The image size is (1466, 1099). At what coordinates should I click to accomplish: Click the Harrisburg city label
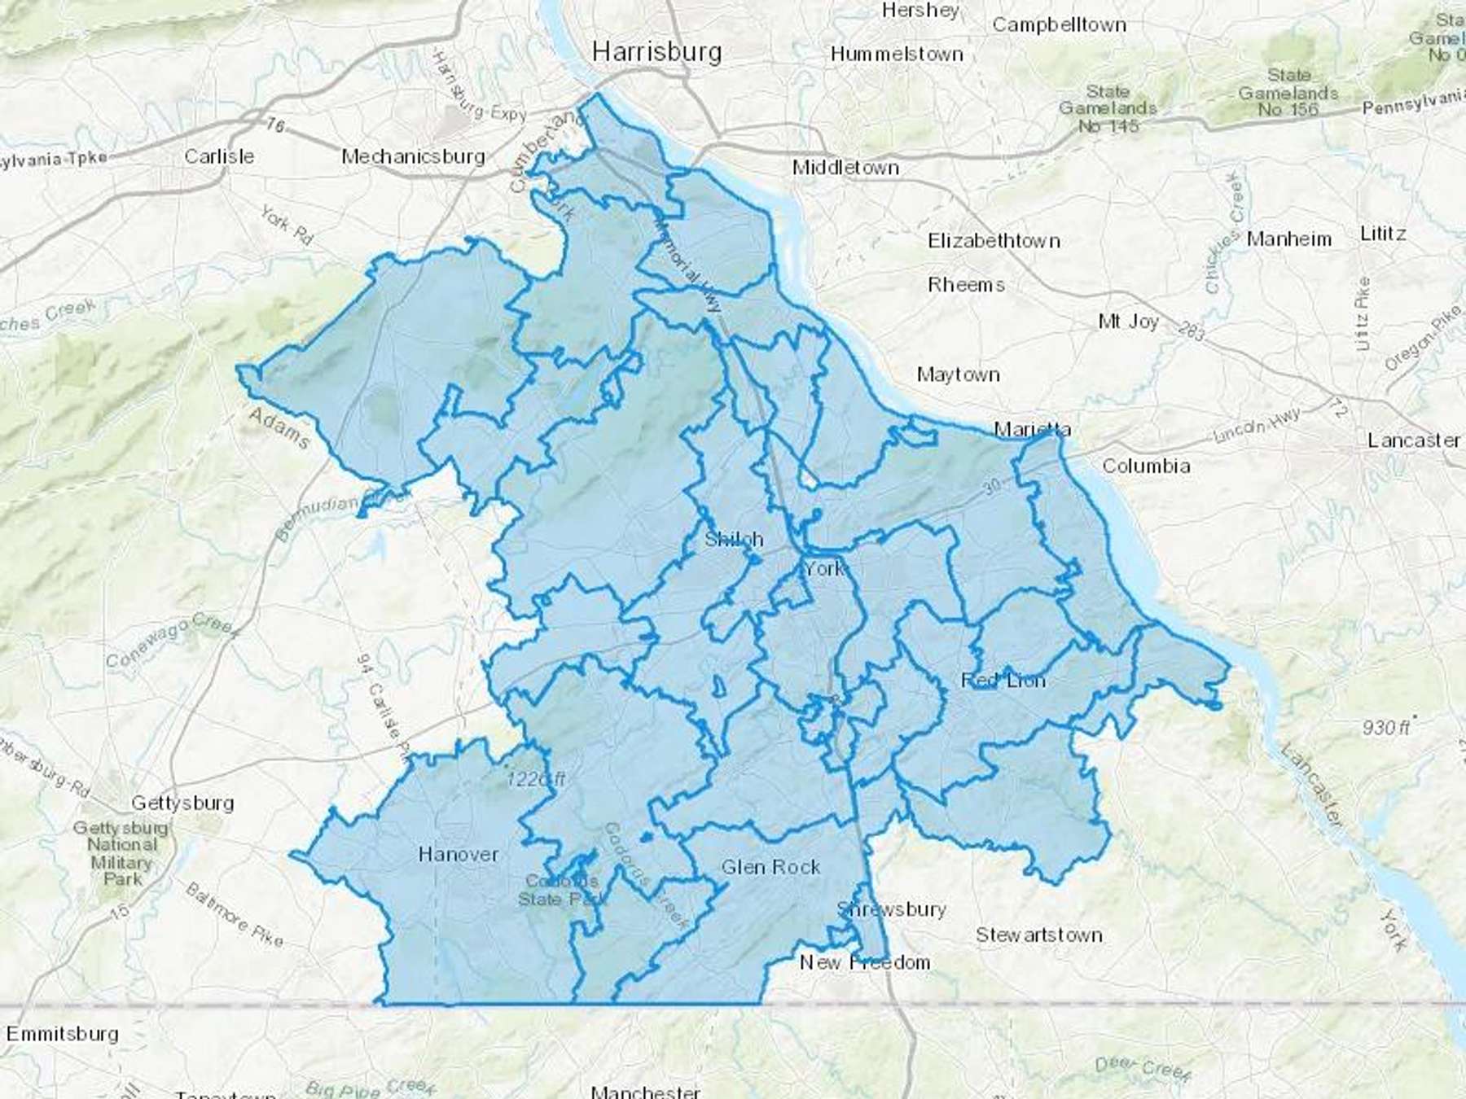[656, 52]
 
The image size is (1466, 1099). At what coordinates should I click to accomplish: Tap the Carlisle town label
[219, 155]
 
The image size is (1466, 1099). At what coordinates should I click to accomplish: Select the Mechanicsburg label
[413, 156]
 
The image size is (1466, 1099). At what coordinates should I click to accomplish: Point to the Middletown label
[845, 168]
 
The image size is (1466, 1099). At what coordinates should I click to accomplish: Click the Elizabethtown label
[994, 241]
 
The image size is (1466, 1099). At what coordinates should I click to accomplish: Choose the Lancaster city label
[1414, 440]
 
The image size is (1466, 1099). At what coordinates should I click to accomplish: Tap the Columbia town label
[1146, 466]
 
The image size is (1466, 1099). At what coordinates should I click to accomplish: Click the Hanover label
[458, 854]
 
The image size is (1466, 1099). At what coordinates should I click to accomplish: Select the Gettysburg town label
[182, 803]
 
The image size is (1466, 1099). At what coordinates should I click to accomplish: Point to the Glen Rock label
[770, 867]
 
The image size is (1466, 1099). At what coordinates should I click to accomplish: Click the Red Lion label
[1003, 681]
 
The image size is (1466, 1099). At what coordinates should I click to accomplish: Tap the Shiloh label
[734, 539]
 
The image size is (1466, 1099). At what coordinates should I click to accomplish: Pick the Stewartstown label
[1039, 935]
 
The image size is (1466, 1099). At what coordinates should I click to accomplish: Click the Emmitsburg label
[63, 1034]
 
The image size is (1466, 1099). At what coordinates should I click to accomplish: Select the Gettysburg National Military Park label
[122, 853]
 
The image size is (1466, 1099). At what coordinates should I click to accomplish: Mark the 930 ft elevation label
[1387, 726]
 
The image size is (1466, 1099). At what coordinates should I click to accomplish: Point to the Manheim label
[1288, 239]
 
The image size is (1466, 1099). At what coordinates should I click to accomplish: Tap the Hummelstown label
[897, 55]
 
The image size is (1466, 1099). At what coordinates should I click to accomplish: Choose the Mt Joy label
[1128, 322]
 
